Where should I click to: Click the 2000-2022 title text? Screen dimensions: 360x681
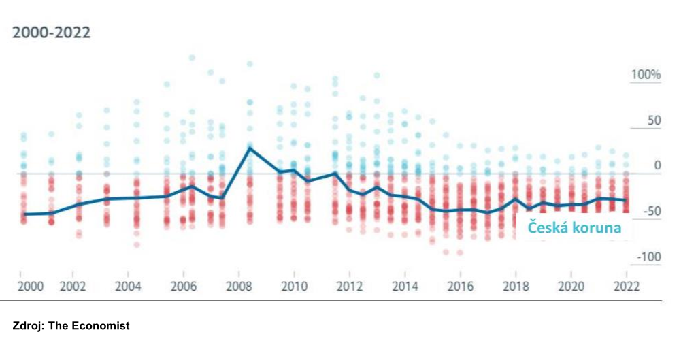point(52,33)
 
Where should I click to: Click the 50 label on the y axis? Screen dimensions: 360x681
point(654,120)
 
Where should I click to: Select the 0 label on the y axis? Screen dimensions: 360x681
point(657,165)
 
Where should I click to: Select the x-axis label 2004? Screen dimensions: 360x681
point(128,286)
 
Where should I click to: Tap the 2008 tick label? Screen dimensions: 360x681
point(238,286)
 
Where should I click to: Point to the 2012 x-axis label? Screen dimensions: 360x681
point(348,286)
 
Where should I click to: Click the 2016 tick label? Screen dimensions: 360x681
point(460,286)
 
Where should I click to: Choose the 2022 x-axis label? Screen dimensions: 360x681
point(626,286)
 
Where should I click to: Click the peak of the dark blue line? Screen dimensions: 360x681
point(250,148)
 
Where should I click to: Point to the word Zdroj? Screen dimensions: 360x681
point(28,327)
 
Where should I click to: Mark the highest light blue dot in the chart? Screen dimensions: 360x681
point(192,58)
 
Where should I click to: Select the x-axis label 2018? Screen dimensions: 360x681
point(516,286)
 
